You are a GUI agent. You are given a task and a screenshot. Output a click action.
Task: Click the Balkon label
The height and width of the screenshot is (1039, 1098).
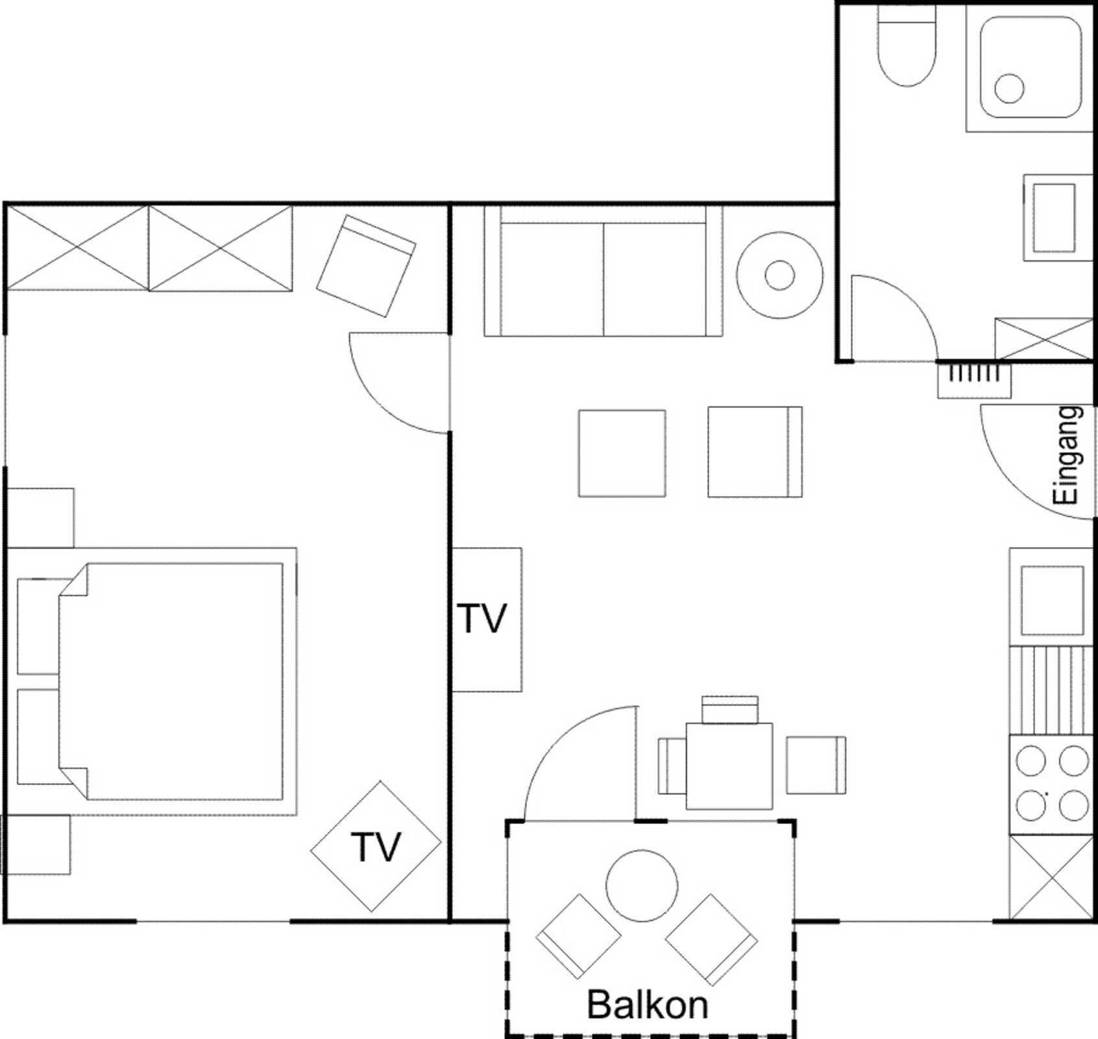[647, 1005]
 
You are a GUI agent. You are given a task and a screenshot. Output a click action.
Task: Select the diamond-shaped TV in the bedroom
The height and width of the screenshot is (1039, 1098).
[376, 846]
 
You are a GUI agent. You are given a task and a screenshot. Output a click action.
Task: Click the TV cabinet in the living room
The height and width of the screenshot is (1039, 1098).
[487, 620]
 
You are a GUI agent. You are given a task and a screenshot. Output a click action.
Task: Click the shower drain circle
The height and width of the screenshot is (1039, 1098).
[1009, 88]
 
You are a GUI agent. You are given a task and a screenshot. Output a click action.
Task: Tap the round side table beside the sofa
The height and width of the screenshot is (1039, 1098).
[779, 275]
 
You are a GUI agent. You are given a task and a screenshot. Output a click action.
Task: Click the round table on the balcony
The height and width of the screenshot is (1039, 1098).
[642, 885]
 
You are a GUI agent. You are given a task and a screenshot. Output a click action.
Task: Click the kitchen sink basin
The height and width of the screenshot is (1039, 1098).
[1052, 601]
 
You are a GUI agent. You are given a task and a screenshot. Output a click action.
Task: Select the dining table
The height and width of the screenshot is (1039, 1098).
[729, 766]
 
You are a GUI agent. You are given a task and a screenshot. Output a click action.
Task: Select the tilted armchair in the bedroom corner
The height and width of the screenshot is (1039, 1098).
[366, 266]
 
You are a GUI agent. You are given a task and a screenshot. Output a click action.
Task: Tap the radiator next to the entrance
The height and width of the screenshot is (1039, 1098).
[974, 381]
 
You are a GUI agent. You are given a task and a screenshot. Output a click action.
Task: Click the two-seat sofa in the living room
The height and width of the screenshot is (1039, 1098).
[603, 271]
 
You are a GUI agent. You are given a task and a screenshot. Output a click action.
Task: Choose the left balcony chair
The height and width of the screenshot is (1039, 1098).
[578, 936]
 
